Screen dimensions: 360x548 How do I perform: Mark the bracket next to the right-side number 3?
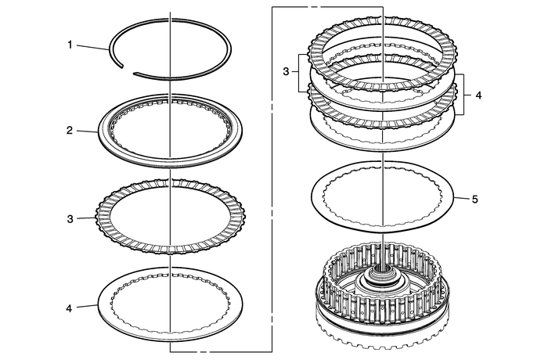[x=298, y=71]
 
